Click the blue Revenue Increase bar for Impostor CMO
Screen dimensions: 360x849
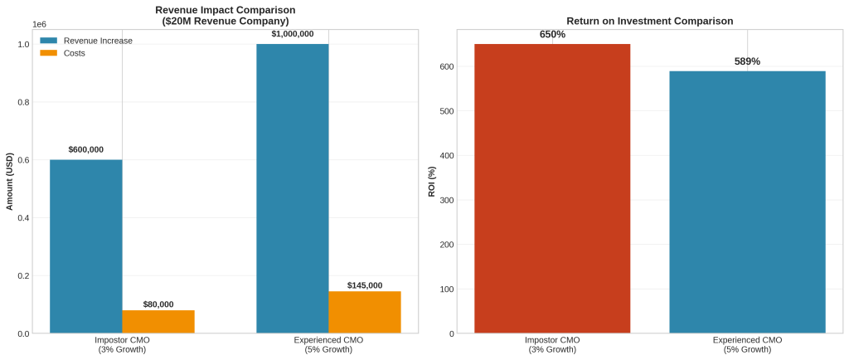pyautogui.click(x=85, y=246)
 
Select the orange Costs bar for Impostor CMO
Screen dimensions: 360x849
pyautogui.click(x=158, y=322)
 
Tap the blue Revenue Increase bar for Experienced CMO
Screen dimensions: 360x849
pyautogui.click(x=292, y=188)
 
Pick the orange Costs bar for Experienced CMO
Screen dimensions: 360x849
pyautogui.click(x=364, y=312)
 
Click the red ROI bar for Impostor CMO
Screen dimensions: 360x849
pyautogui.click(x=552, y=188)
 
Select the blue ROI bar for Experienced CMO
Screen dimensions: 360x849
pyautogui.click(x=747, y=202)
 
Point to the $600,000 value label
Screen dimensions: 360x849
pyautogui.click(x=85, y=150)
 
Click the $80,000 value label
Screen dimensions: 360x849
pyautogui.click(x=158, y=304)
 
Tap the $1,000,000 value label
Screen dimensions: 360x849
pyautogui.click(x=292, y=34)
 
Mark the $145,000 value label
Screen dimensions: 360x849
pyautogui.click(x=364, y=285)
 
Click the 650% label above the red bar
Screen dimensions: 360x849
pyautogui.click(x=552, y=34)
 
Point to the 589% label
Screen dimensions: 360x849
pyautogui.click(x=747, y=61)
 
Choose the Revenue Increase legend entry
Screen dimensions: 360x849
pyautogui.click(x=98, y=41)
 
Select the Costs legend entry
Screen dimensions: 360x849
pyautogui.click(x=74, y=53)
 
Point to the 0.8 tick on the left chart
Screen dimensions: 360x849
pyautogui.click(x=23, y=102)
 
